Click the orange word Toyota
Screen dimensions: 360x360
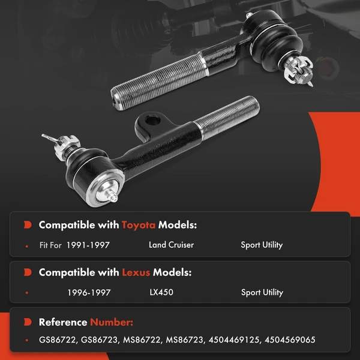click(x=139, y=225)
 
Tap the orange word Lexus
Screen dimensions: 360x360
click(x=136, y=272)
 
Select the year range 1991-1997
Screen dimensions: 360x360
click(x=88, y=245)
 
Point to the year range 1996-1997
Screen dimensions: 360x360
click(x=89, y=293)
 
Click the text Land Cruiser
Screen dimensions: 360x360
click(x=171, y=245)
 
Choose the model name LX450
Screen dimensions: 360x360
click(x=161, y=293)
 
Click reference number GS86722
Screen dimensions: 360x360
click(x=57, y=340)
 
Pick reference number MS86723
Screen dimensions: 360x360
click(x=184, y=340)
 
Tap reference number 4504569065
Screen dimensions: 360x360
click(x=290, y=340)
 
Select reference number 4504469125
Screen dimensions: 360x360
click(x=234, y=340)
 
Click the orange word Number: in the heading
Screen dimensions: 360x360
click(x=112, y=322)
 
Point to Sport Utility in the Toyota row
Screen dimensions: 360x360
click(x=262, y=245)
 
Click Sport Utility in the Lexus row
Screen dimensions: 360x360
click(x=262, y=293)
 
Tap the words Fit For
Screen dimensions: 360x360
click(x=50, y=245)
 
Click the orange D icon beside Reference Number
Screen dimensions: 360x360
click(x=28, y=322)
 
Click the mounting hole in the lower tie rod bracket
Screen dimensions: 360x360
click(x=152, y=121)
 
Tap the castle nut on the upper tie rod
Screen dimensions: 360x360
click(x=298, y=69)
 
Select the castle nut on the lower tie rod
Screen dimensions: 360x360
click(x=67, y=146)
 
